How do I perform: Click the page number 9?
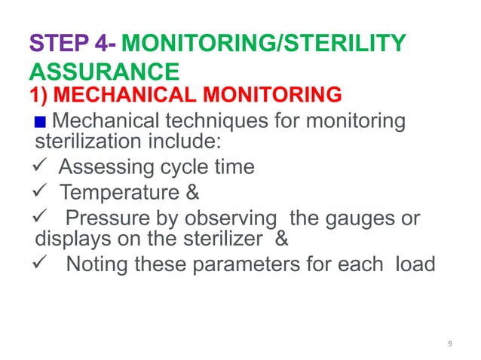(449, 343)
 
